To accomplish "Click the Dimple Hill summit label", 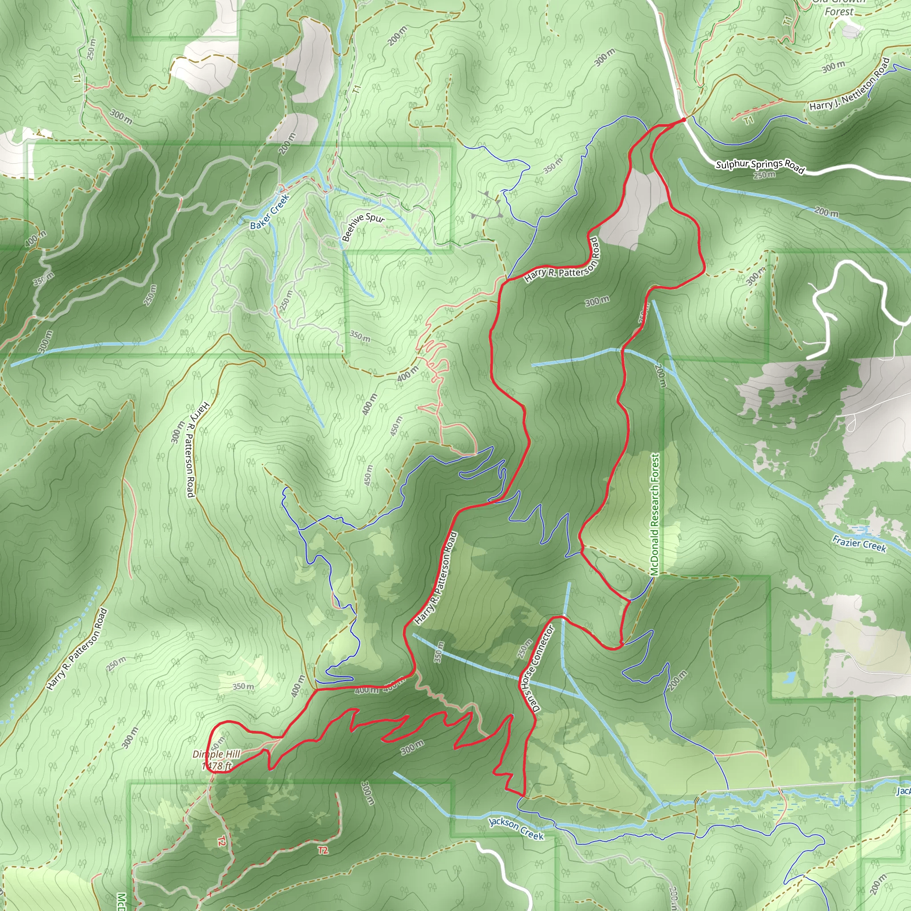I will (x=217, y=754).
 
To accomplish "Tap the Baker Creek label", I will (x=269, y=212).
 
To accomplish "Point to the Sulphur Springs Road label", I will (x=760, y=166).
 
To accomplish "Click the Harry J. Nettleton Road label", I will (x=849, y=85).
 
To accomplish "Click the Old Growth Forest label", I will (x=839, y=8).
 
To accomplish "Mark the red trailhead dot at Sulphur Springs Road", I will (x=684, y=120).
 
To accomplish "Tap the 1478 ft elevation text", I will (x=217, y=766).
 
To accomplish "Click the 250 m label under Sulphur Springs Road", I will (x=764, y=175).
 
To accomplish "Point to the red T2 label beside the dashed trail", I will (x=322, y=850).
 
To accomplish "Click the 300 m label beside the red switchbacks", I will (x=412, y=747).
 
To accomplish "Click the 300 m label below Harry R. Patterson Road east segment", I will (x=597, y=301).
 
